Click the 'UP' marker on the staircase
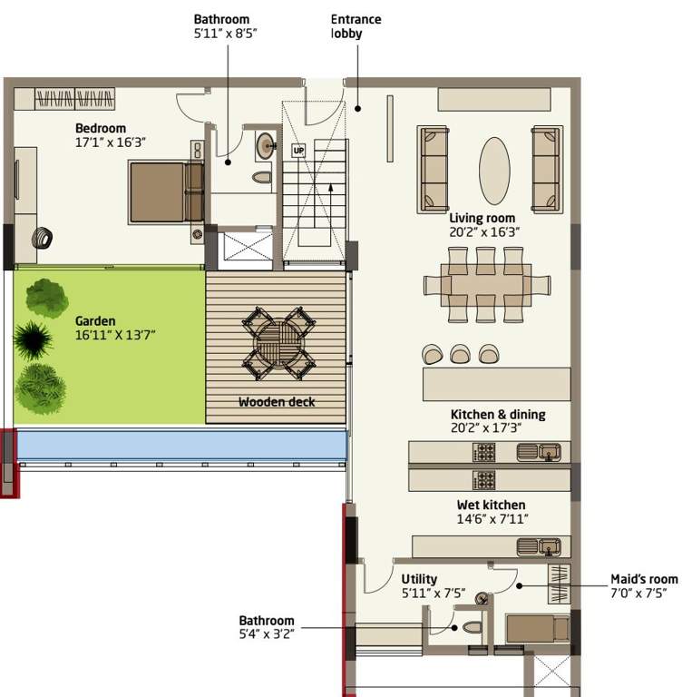tap(297, 150)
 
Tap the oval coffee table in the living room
tap(494, 171)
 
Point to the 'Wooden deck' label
tap(277, 402)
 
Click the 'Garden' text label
tap(94, 320)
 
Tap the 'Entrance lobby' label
tap(356, 26)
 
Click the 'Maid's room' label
tap(644, 579)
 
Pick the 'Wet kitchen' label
tap(491, 505)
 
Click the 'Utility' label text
tap(419, 579)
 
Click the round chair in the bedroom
tap(41, 240)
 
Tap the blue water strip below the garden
tap(181, 445)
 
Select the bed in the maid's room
tap(536, 628)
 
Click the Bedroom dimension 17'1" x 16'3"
tap(111, 142)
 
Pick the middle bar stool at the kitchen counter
tap(461, 353)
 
